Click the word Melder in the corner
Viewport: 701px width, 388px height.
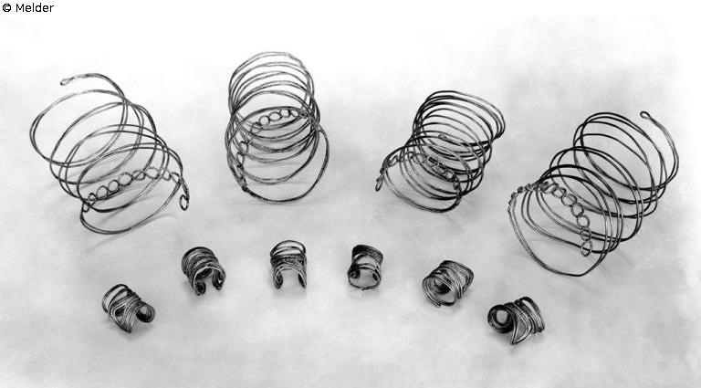click(x=35, y=7)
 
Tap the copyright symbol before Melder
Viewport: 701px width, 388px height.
click(x=6, y=7)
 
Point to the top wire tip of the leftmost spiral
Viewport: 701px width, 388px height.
click(x=64, y=82)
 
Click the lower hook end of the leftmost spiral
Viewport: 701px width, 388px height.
click(x=183, y=203)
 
